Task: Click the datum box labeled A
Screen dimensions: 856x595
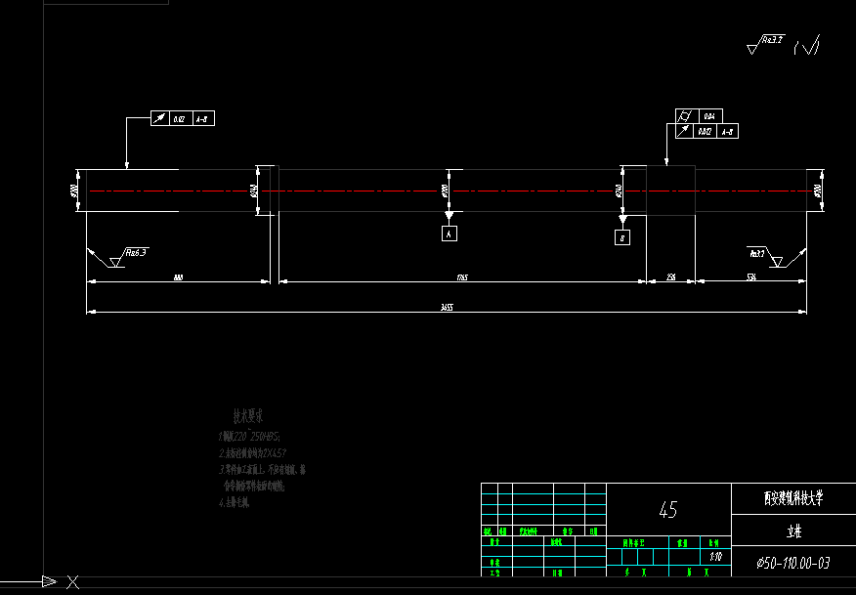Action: [x=449, y=234]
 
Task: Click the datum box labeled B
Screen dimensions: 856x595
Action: [x=622, y=237]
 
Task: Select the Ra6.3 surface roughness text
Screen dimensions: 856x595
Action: [x=136, y=253]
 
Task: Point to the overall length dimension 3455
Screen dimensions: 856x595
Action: [x=447, y=307]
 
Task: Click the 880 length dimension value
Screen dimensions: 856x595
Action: [x=178, y=277]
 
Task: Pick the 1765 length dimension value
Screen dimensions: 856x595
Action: [x=462, y=277]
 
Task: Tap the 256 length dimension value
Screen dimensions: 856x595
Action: [x=670, y=277]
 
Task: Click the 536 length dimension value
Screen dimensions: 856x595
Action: [x=751, y=277]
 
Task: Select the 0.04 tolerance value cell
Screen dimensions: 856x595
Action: [x=707, y=116]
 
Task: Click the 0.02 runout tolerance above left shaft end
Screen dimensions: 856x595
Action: [x=179, y=119]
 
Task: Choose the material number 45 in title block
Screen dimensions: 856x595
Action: [x=668, y=510]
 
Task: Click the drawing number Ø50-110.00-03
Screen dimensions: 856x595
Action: [x=792, y=563]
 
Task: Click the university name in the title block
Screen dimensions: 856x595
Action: [x=792, y=497]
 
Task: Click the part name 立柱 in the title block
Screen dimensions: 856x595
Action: [x=792, y=532]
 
